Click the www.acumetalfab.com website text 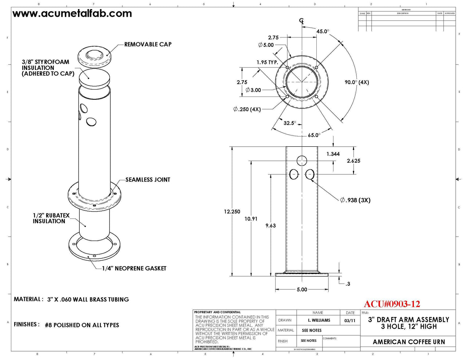pos(72,14)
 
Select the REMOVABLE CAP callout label pos(148,44)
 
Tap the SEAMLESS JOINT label pos(148,179)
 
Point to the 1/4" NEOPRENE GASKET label pos(134,268)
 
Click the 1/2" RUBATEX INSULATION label pos(51,218)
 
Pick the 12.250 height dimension pos(232,211)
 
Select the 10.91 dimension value pos(251,219)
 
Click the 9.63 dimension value pos(270,226)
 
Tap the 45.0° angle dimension pos(323,32)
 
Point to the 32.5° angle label pos(290,123)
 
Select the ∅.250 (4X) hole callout pos(247,109)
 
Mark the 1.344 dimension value pos(333,154)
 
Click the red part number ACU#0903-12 pos(392,304)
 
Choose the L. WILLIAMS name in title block pos(319,320)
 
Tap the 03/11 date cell pos(349,320)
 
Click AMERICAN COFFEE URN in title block pos(409,342)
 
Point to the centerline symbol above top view pos(301,21)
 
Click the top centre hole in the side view pos(302,161)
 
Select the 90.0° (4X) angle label pos(357,82)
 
